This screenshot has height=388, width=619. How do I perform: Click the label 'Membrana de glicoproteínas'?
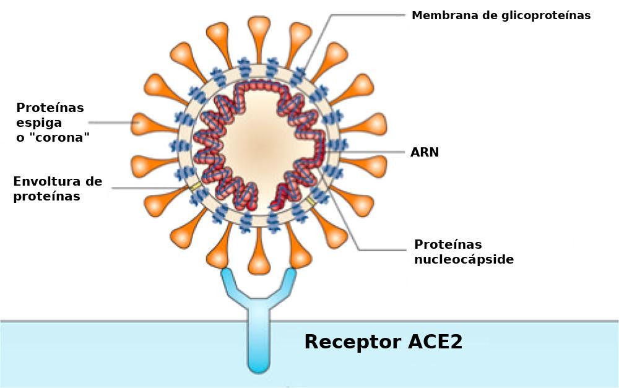pos(501,15)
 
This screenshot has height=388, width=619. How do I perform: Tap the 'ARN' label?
pos(425,152)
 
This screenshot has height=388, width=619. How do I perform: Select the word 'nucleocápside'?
pos(464,259)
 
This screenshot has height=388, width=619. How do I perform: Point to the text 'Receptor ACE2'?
pos(383,342)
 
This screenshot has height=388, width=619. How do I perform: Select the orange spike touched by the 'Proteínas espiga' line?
pos(144,124)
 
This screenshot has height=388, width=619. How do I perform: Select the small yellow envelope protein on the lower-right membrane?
pos(311,202)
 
